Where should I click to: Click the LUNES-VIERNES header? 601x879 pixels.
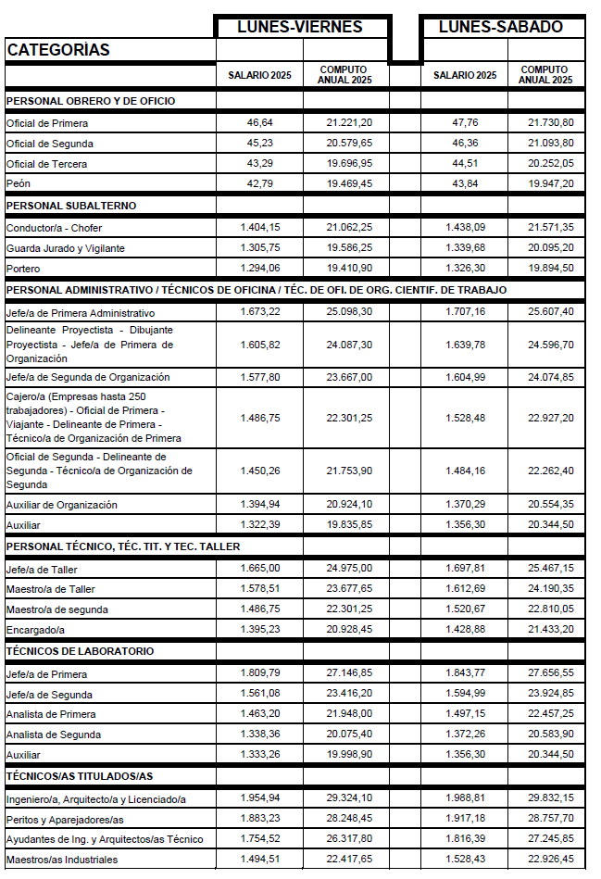click(299, 27)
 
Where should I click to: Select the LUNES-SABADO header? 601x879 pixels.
click(500, 27)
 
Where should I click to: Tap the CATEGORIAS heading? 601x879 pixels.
click(58, 50)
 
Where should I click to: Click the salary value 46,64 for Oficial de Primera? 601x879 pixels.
click(259, 122)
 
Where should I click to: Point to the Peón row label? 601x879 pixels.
click(19, 184)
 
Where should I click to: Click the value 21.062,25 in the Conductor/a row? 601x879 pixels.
click(349, 227)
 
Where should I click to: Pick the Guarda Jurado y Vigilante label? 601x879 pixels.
click(65, 248)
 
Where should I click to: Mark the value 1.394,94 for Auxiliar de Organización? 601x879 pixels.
click(259, 505)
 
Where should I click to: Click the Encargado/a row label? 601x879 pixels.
click(37, 630)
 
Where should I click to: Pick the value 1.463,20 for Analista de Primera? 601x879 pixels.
click(259, 714)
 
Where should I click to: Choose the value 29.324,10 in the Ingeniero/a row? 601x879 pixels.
click(349, 797)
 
